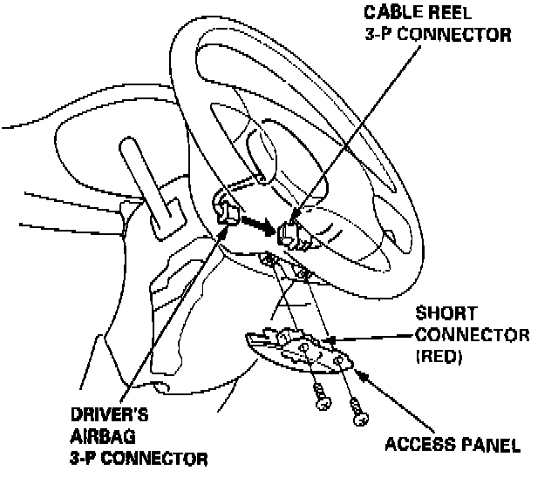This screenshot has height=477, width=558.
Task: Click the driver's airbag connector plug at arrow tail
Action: click(230, 212)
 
